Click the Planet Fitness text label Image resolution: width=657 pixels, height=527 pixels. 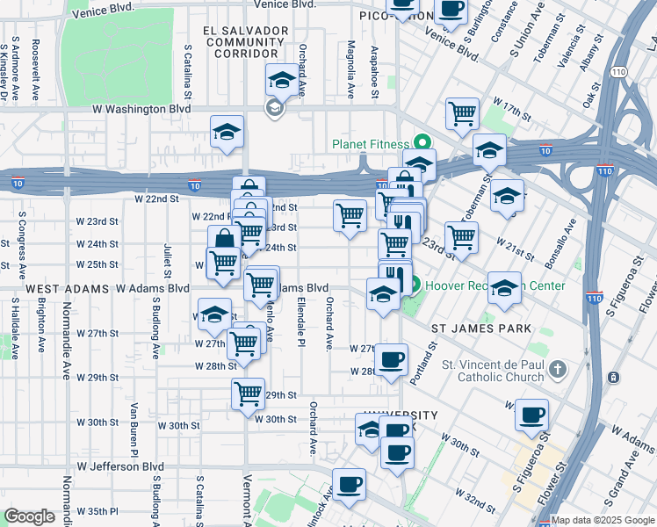tap(370, 144)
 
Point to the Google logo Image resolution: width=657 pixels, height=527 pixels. tap(28, 516)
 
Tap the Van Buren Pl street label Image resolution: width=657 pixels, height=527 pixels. tap(134, 422)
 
